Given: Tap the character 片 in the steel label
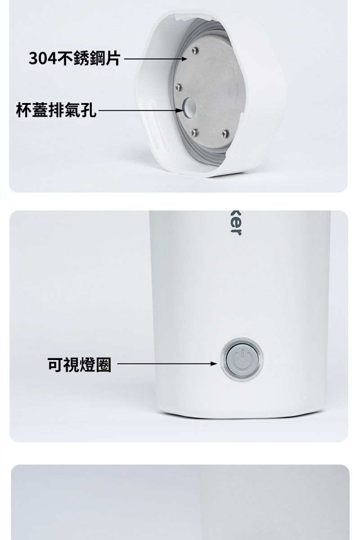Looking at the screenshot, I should tap(112, 58).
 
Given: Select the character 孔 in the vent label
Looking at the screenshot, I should tap(88, 109).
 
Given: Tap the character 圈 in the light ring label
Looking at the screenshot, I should tap(103, 365).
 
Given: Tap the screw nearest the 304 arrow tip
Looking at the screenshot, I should tap(194, 50).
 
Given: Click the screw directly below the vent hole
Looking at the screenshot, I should tap(194, 131).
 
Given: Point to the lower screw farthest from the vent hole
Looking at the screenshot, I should tap(225, 133).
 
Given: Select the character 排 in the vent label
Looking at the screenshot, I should tap(56, 109).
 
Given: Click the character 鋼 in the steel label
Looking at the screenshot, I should tap(95, 58).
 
